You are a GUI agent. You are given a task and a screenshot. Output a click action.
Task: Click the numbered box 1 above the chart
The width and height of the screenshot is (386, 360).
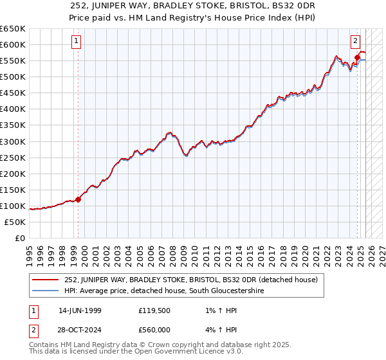77,41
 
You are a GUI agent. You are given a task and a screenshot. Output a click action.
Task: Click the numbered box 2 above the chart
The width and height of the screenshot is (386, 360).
355,41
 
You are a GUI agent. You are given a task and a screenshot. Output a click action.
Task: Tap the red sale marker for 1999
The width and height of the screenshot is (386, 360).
78,199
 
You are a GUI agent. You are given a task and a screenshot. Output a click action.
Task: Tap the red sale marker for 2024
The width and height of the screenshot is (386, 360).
357,57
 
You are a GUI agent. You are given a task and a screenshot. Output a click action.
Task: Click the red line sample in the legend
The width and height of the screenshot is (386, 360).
46,280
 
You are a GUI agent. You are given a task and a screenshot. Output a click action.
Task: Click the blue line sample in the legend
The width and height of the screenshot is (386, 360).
46,291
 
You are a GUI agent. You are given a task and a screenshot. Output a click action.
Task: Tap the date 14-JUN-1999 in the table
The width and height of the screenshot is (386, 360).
80,310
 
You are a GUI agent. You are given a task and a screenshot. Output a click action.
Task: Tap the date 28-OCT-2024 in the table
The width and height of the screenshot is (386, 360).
80,330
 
